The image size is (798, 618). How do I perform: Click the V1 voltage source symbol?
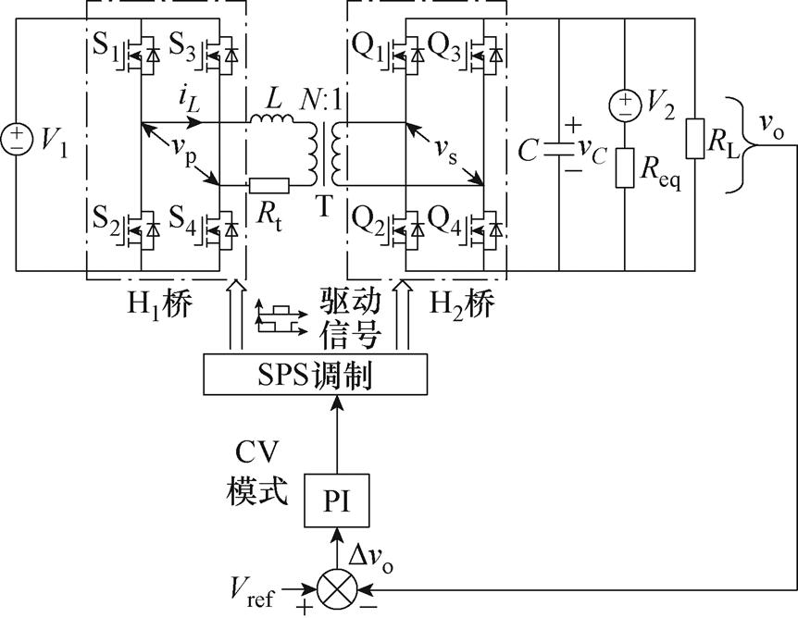pyautogui.click(x=17, y=140)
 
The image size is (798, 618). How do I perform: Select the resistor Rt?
pyautogui.click(x=268, y=186)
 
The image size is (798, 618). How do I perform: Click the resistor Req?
pyautogui.click(x=625, y=167)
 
